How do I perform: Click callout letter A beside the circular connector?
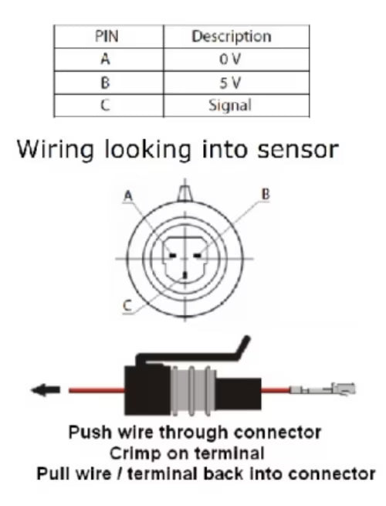point(127,196)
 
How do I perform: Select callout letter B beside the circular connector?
point(266,195)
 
